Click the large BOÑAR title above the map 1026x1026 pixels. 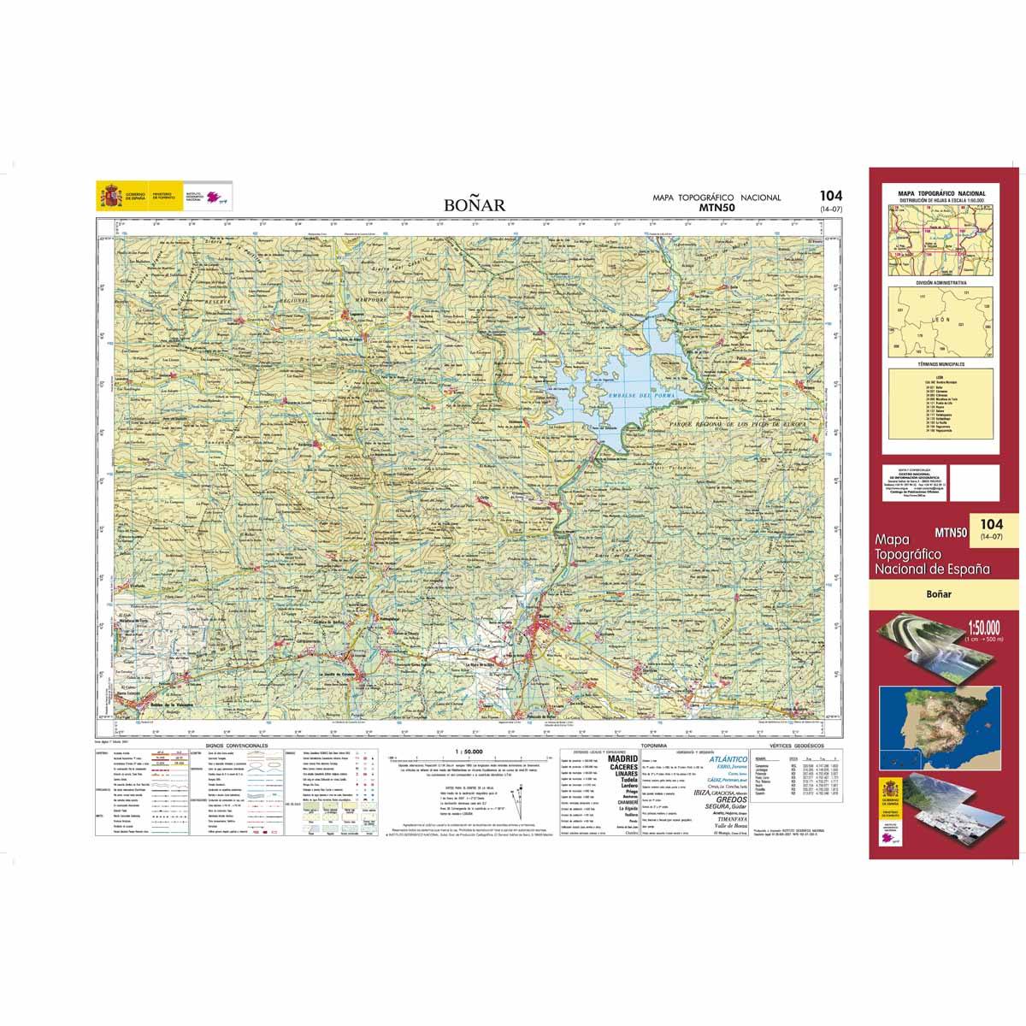475,204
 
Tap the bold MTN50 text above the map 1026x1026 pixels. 716,206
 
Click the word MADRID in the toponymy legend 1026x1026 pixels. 622,758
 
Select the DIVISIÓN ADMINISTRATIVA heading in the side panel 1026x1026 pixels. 940,281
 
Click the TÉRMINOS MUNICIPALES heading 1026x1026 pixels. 940,364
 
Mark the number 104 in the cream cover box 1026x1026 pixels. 991,523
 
